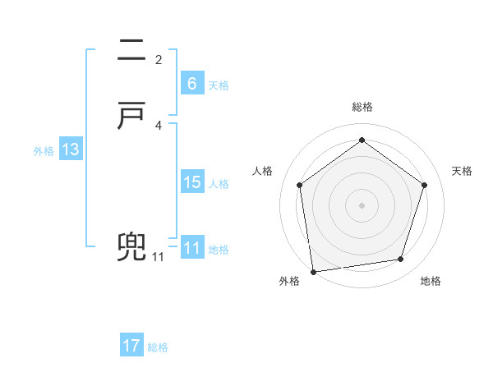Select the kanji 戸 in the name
pyautogui.click(x=131, y=117)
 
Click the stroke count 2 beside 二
pyautogui.click(x=159, y=59)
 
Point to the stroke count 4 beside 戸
pyautogui.click(x=159, y=125)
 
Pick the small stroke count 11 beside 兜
pyautogui.click(x=158, y=257)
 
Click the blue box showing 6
pyautogui.click(x=192, y=83)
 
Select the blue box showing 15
pyautogui.click(x=192, y=182)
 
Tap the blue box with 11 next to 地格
pyautogui.click(x=192, y=248)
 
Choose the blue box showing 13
pyautogui.click(x=71, y=149)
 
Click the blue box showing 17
pyautogui.click(x=131, y=346)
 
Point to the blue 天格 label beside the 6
pyautogui.click(x=219, y=85)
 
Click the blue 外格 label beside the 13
pyautogui.click(x=44, y=151)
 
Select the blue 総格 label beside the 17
pyautogui.click(x=158, y=347)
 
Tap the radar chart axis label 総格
pyautogui.click(x=362, y=107)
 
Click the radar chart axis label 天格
pyautogui.click(x=463, y=171)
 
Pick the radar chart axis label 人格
pyautogui.click(x=263, y=171)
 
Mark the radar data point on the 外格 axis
pyautogui.click(x=313, y=271)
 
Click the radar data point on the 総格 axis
pyautogui.click(x=362, y=140)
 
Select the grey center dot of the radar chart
pyautogui.click(x=362, y=204)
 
